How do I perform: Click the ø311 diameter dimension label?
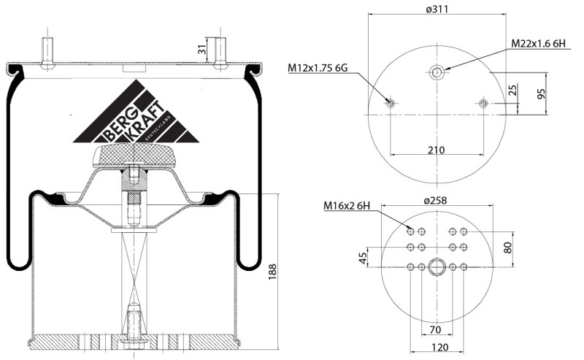point(437,9)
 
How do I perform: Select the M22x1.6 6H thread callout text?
point(538,44)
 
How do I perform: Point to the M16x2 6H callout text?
point(347,205)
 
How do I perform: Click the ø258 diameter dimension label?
point(435,201)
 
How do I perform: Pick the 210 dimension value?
point(436,150)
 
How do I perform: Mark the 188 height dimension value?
point(272,272)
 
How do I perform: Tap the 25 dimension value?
point(513,90)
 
